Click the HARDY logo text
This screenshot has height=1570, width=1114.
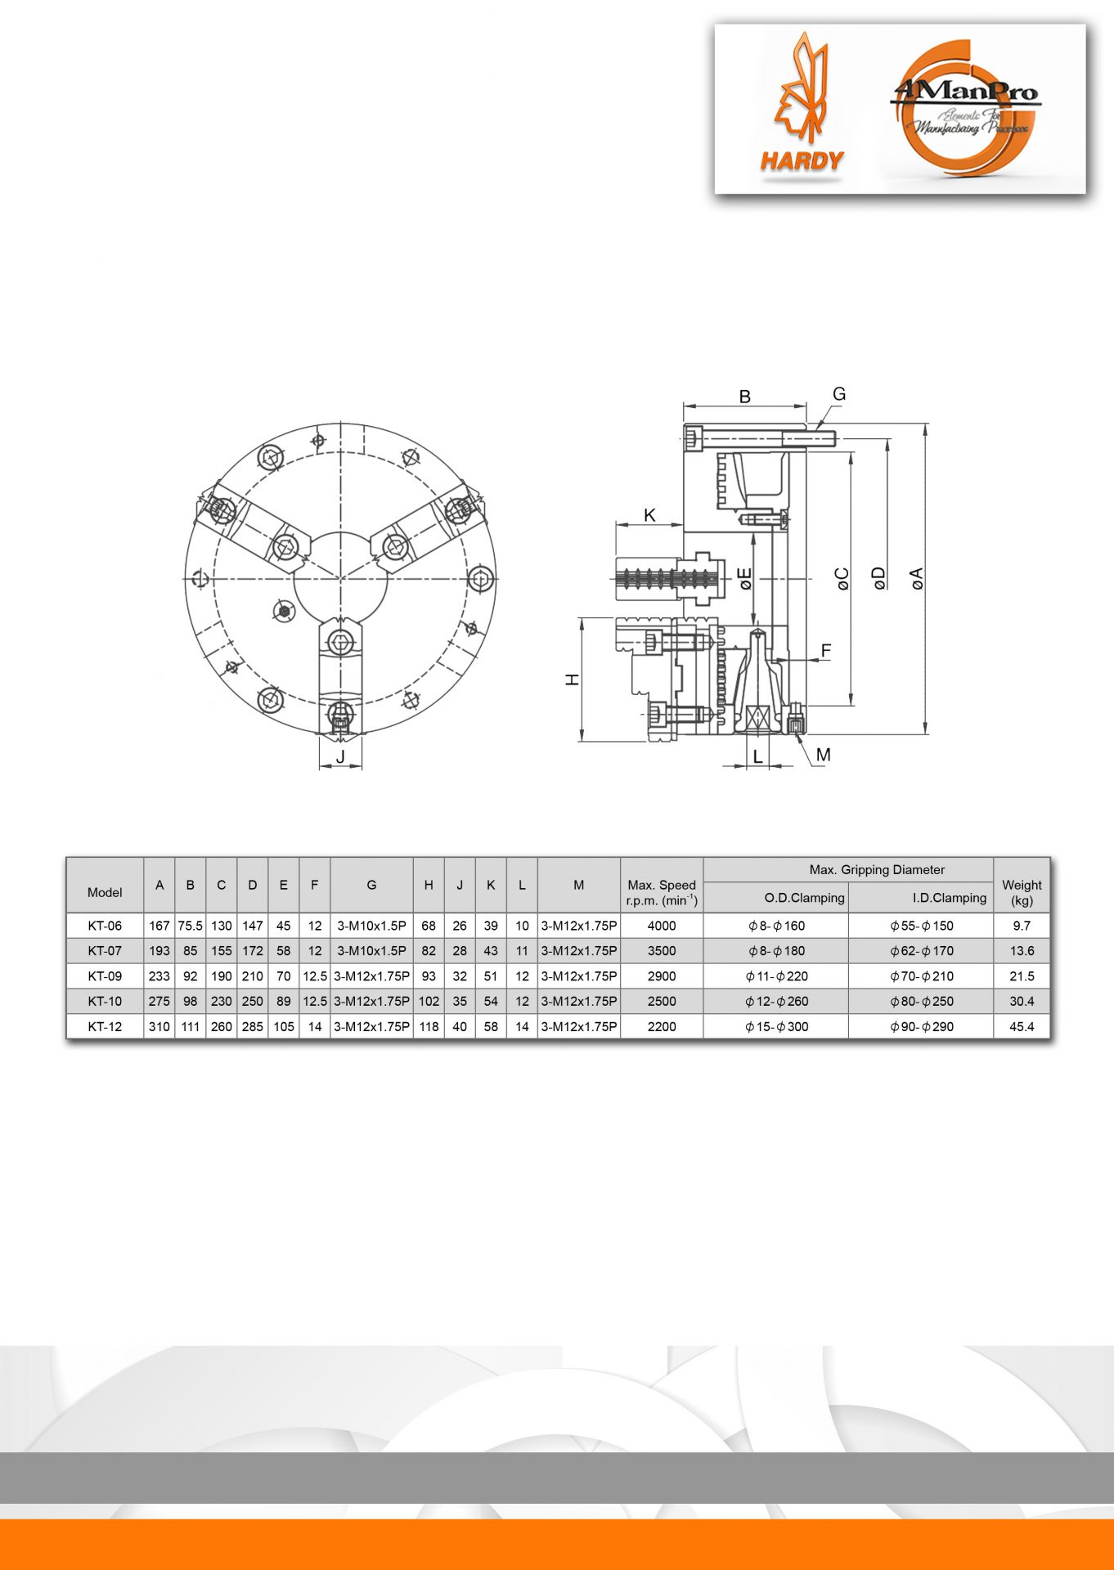point(802,161)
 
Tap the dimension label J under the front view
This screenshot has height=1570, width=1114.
point(340,757)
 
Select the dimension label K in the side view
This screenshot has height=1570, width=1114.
point(649,515)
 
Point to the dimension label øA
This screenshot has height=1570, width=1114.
point(917,578)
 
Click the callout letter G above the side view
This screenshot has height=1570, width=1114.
point(839,394)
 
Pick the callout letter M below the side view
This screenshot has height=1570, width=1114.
point(823,755)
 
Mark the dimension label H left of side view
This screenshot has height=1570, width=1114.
point(573,680)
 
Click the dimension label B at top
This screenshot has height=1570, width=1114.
point(745,397)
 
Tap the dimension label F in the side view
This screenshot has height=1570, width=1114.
point(826,650)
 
